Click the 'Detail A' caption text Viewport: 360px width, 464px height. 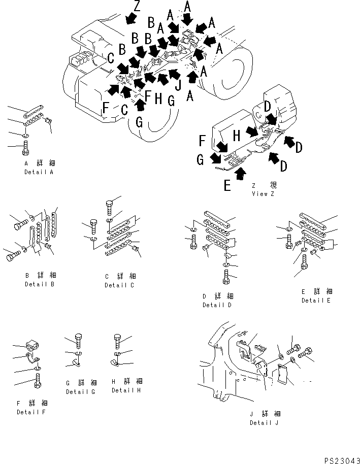click(x=40, y=172)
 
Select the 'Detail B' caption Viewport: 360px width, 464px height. click(x=39, y=284)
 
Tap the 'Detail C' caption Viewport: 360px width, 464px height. click(x=120, y=285)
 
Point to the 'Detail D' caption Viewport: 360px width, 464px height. click(x=217, y=305)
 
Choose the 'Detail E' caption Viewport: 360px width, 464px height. click(x=316, y=300)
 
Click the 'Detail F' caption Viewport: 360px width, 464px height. click(x=31, y=412)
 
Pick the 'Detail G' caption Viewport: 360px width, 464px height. click(x=81, y=391)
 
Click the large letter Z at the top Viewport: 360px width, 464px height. click(x=137, y=7)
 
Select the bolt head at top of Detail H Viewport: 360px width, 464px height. click(x=117, y=338)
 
